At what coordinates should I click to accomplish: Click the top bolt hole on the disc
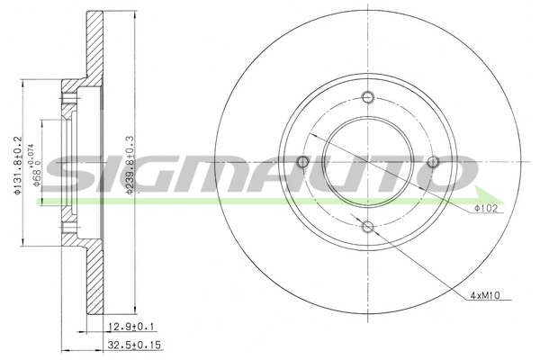(367, 98)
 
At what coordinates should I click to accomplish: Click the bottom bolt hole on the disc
(367, 227)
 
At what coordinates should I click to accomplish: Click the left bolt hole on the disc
(302, 162)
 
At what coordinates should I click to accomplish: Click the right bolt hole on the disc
(432, 162)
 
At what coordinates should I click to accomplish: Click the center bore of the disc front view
(367, 162)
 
